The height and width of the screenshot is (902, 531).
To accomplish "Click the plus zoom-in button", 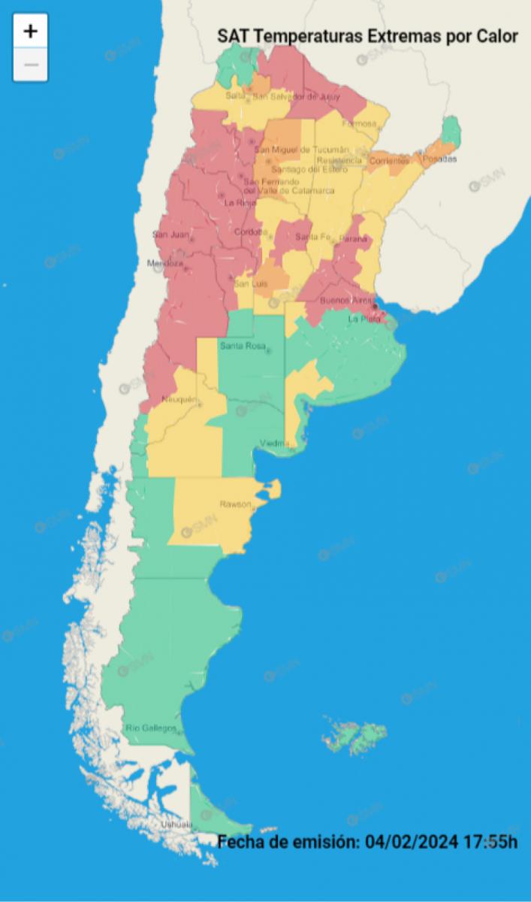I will (30, 32).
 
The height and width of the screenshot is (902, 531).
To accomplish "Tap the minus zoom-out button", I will (30, 65).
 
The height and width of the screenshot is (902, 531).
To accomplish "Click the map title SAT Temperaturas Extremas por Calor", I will (367, 36).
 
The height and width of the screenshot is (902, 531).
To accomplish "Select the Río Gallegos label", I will (151, 728).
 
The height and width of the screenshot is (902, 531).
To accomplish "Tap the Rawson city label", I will (234, 504).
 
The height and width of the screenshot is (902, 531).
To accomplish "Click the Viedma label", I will (273, 443).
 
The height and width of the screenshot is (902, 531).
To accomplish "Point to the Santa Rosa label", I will (240, 346).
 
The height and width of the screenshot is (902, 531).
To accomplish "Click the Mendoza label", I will (165, 264).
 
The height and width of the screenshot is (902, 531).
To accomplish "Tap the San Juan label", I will (170, 235).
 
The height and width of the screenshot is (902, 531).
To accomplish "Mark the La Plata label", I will (364, 319).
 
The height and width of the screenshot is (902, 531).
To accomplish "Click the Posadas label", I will (439, 159).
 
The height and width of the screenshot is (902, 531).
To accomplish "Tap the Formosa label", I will (359, 123).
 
